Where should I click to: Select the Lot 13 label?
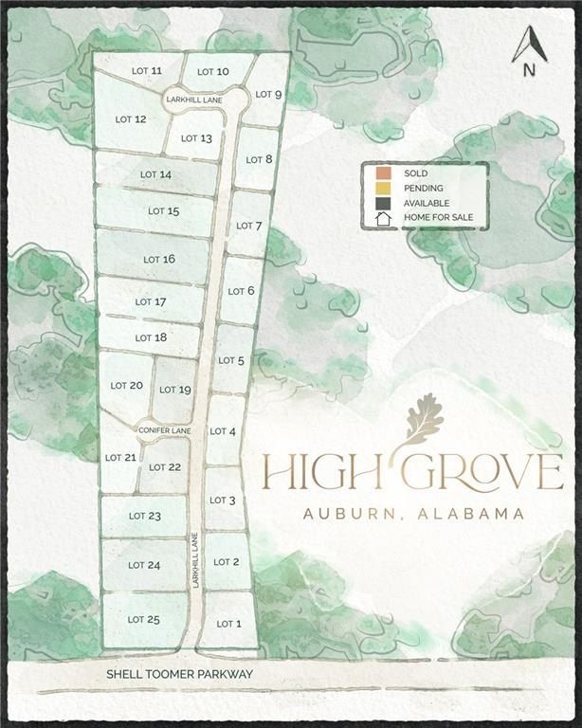click(196, 138)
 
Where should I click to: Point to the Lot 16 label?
click(158, 259)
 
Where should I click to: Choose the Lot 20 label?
click(126, 385)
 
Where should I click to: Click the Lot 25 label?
click(143, 619)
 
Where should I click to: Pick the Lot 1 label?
click(229, 623)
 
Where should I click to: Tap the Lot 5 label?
click(231, 360)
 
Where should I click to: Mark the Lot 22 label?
click(165, 466)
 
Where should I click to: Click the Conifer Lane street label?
click(165, 430)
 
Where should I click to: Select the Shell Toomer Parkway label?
click(181, 674)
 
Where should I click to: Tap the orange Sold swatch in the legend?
click(382, 173)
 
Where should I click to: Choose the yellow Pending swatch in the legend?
click(382, 188)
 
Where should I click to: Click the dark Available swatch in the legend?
click(382, 203)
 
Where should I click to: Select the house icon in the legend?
click(382, 218)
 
